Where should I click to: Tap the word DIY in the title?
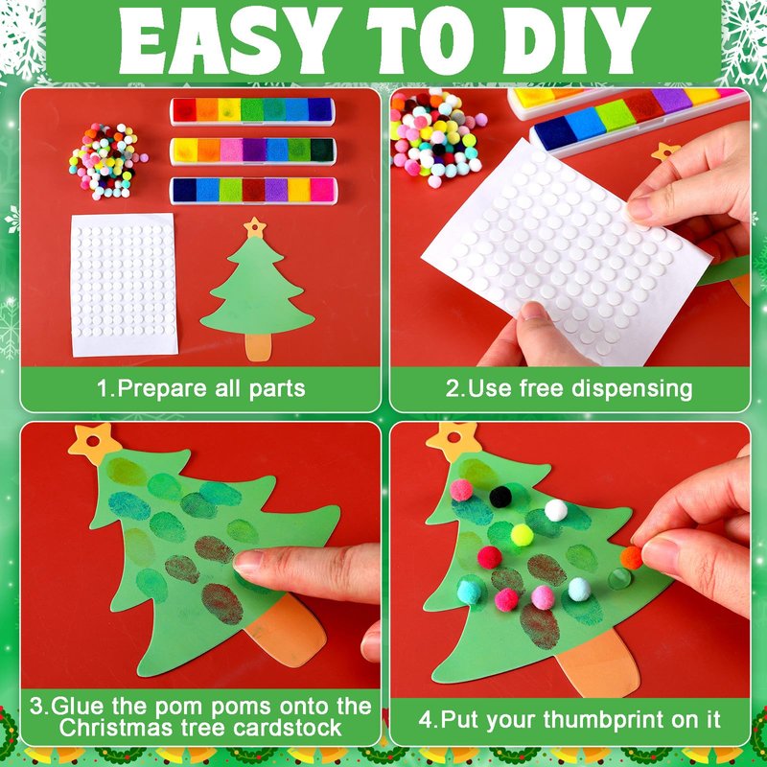click(x=577, y=40)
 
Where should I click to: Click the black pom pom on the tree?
click(x=500, y=497)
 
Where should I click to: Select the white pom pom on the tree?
click(x=556, y=510)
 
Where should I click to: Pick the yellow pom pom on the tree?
click(x=522, y=535)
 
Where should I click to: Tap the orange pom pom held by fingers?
click(x=632, y=558)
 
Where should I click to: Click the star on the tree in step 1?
click(x=254, y=227)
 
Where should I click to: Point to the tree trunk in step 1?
click(x=258, y=347)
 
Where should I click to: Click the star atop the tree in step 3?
click(x=93, y=443)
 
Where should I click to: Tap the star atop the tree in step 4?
click(x=453, y=440)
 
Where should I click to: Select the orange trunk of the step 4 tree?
click(x=598, y=663)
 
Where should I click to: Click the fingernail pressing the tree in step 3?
click(x=247, y=562)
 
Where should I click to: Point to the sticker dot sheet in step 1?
click(x=125, y=284)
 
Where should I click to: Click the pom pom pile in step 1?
click(x=107, y=161)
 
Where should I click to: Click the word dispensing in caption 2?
click(x=632, y=389)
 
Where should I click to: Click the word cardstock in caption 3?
click(x=287, y=728)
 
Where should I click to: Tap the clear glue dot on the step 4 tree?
click(x=619, y=579)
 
